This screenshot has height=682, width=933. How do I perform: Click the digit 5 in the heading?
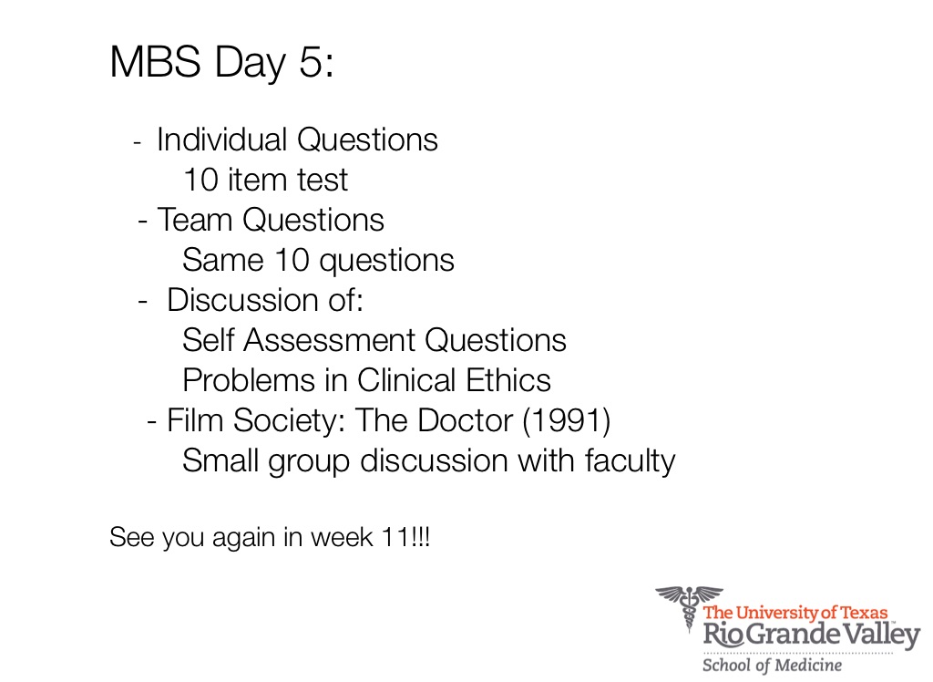click(311, 61)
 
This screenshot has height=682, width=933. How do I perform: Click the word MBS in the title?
click(155, 61)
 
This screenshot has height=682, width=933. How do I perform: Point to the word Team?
click(195, 220)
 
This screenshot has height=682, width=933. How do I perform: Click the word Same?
click(222, 260)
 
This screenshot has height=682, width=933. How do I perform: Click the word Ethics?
click(508, 380)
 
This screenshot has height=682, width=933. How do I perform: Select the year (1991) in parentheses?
click(567, 420)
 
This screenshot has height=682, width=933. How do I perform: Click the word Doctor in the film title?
click(465, 420)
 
